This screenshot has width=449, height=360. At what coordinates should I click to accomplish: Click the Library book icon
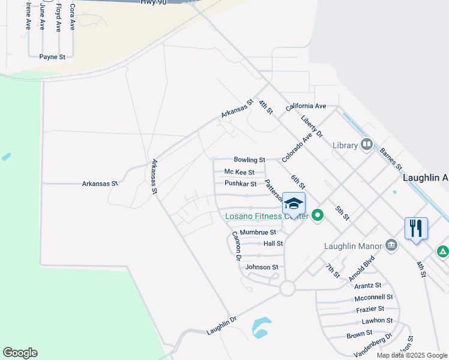(x=366, y=145)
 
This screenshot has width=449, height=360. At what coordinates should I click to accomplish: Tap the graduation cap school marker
(x=294, y=204)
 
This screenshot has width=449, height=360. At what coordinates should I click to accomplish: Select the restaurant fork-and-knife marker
(x=416, y=228)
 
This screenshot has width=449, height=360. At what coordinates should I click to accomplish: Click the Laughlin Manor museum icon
(x=391, y=245)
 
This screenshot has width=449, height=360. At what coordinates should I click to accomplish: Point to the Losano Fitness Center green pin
(x=318, y=215)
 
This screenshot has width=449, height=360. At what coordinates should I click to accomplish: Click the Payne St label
(x=52, y=57)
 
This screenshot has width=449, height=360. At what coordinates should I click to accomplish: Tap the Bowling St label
(x=249, y=160)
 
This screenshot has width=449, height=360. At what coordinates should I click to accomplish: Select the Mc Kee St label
(x=240, y=172)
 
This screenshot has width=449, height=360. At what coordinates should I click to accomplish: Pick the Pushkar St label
(x=240, y=184)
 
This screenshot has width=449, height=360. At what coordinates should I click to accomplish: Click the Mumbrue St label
(x=258, y=232)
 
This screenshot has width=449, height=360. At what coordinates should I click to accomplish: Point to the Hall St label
(x=273, y=244)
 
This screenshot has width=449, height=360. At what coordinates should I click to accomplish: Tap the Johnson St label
(x=262, y=267)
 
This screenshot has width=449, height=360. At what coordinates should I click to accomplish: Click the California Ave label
(x=306, y=106)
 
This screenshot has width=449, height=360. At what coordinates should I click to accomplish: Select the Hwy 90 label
(x=153, y=3)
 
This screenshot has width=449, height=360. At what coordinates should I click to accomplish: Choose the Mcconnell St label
(x=373, y=297)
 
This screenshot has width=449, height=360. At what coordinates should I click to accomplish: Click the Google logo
(x=20, y=353)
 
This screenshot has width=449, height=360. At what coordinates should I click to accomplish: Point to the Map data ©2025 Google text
(x=411, y=355)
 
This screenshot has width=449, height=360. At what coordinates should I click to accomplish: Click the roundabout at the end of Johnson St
(x=287, y=288)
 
